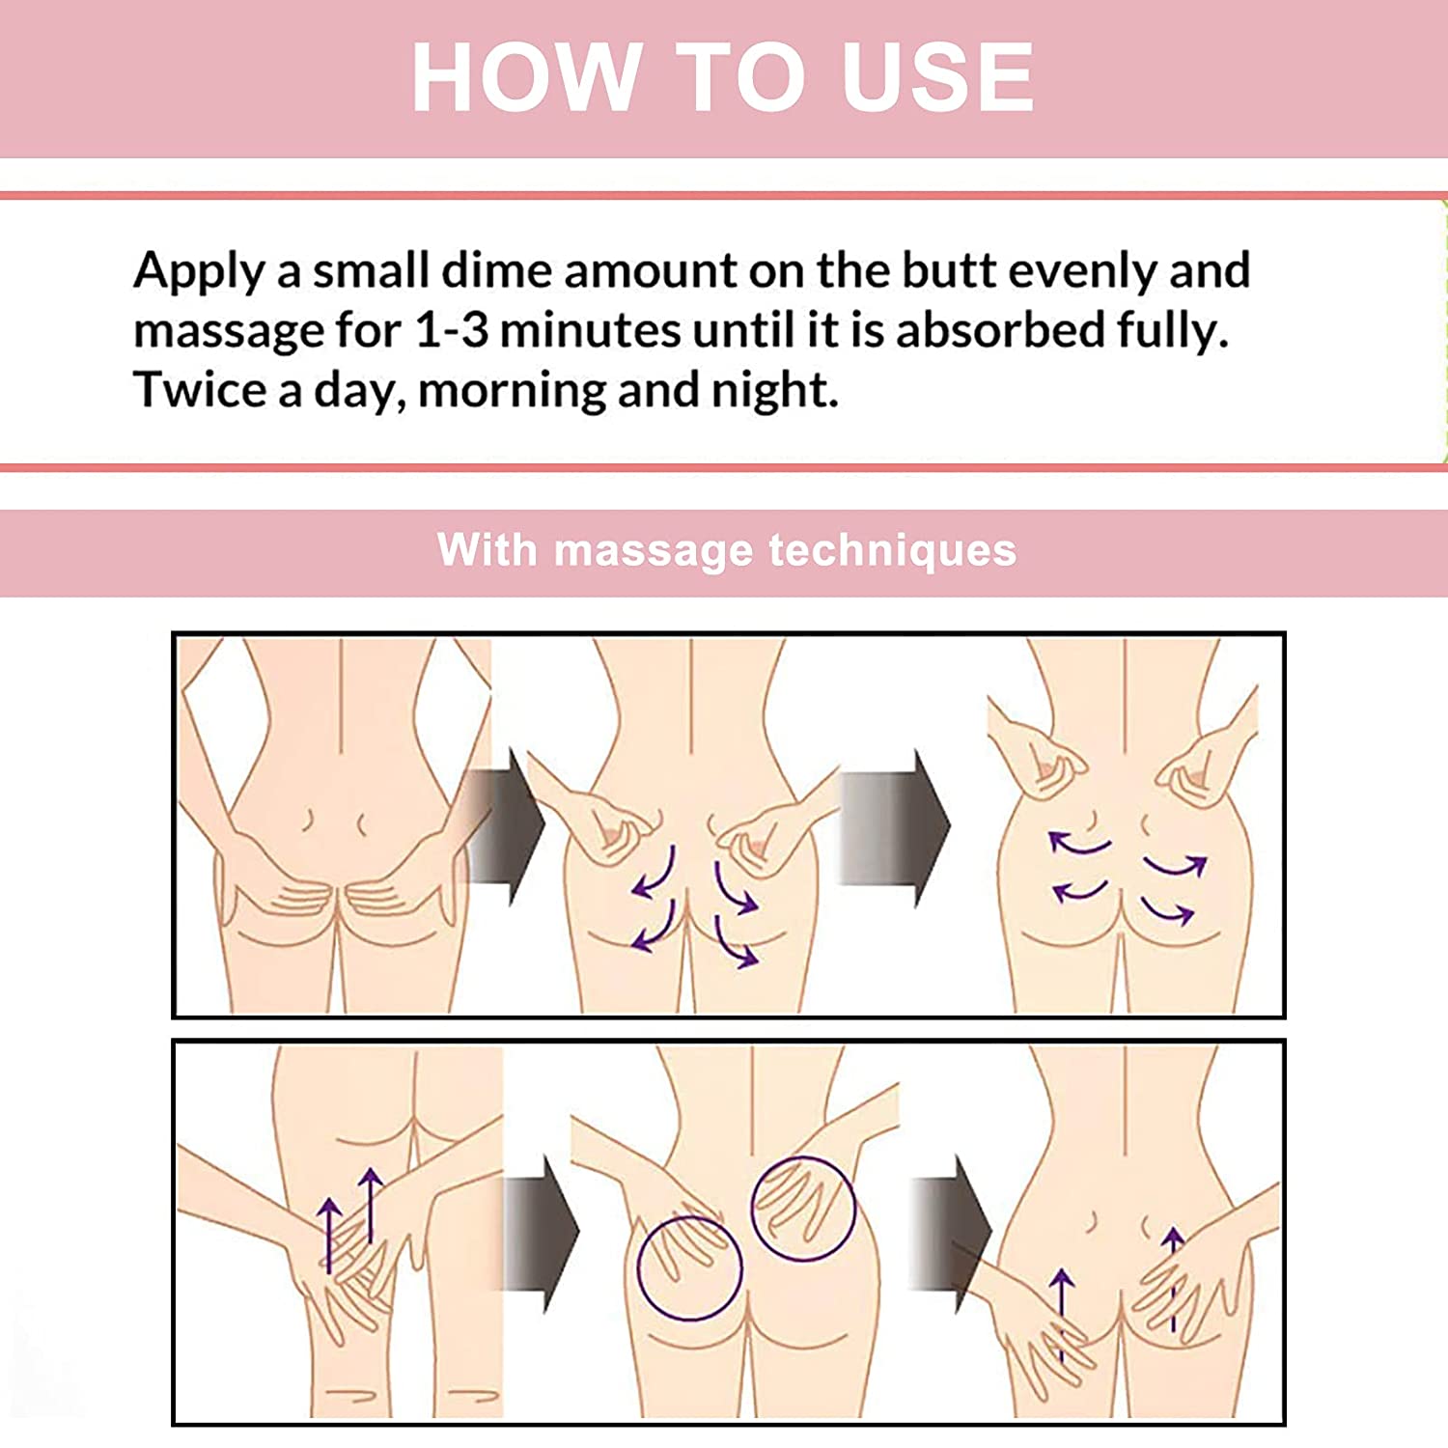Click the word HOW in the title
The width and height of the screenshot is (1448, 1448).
click(526, 77)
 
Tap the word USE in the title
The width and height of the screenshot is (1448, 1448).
click(936, 77)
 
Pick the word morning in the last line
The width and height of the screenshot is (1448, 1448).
click(512, 392)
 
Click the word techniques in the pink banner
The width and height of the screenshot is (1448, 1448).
click(892, 551)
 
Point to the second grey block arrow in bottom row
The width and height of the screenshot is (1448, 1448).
click(950, 1233)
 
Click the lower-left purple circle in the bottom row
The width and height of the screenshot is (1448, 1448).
click(689, 1267)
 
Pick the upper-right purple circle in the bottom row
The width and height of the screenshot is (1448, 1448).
click(803, 1208)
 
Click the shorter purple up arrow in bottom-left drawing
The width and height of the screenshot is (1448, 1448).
click(329, 1236)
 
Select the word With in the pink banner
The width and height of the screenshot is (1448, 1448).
click(487, 550)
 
